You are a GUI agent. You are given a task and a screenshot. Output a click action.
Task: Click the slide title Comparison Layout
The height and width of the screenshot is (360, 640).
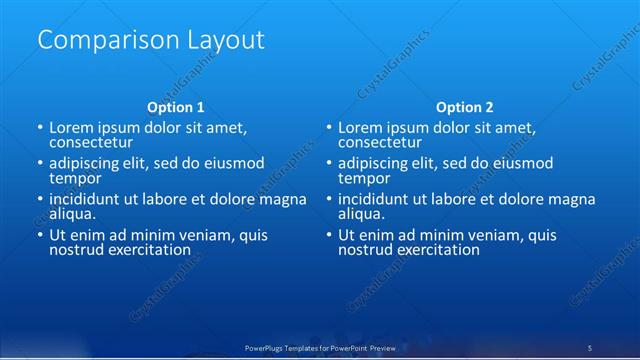pyautogui.click(x=150, y=41)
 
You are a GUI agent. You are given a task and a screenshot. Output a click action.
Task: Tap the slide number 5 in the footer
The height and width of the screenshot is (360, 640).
pyautogui.click(x=590, y=347)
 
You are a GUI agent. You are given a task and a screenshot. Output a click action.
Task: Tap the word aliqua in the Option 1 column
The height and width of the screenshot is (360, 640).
pyautogui.click(x=72, y=213)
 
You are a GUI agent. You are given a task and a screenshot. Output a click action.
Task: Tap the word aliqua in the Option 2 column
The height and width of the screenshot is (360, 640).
pyautogui.click(x=361, y=213)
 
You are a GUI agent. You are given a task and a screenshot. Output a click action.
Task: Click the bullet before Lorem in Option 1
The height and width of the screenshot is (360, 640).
pyautogui.click(x=39, y=128)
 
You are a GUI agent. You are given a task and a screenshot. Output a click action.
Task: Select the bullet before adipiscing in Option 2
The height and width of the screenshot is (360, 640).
pyautogui.click(x=328, y=163)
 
